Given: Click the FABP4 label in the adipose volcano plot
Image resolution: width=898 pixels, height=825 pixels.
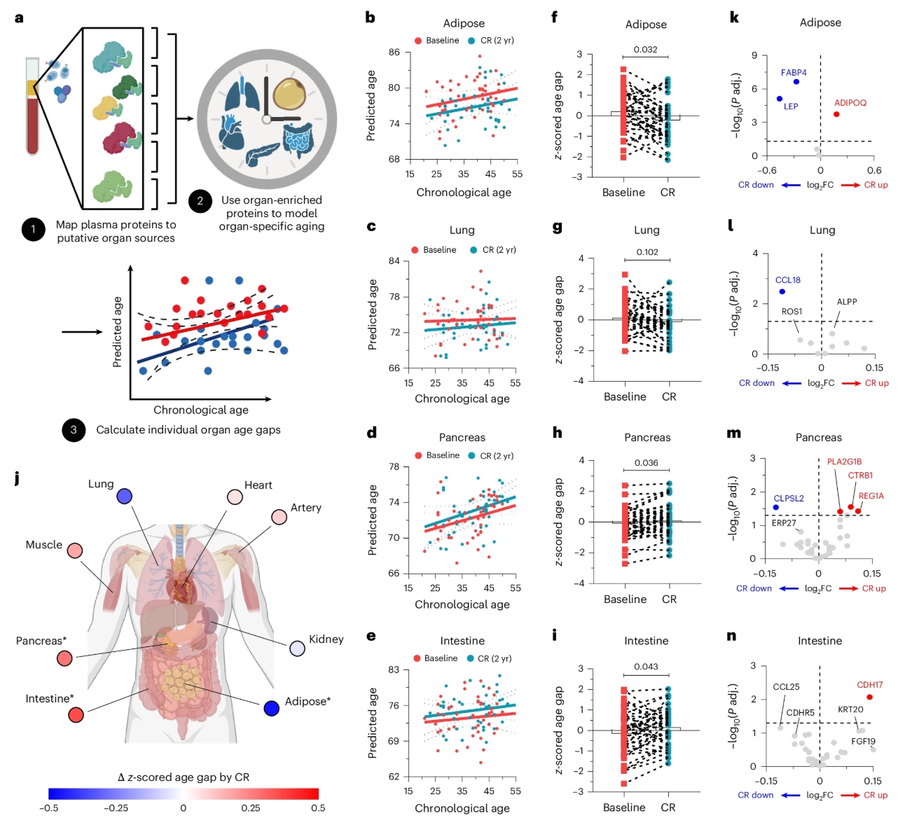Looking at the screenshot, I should click(794, 73).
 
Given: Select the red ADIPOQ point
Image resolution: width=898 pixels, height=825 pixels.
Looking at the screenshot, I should click(836, 114).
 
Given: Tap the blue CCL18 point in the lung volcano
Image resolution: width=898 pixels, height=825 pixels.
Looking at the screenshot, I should click(782, 291).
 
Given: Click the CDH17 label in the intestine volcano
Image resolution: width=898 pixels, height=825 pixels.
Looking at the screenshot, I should click(869, 685).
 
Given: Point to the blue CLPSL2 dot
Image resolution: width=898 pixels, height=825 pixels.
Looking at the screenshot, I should click(775, 507).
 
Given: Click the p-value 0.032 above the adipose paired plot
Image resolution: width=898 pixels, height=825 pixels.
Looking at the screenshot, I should click(645, 50).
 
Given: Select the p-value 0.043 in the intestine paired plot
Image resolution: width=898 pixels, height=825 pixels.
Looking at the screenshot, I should click(646, 667).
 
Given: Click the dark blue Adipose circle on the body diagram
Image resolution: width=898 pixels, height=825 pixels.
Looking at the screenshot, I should click(272, 708).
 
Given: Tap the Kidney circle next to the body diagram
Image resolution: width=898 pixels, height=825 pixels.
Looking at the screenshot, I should click(297, 649).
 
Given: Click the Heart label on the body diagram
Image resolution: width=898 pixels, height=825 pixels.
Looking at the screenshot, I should click(258, 485).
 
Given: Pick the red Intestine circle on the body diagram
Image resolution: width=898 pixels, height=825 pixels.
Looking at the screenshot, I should click(76, 715).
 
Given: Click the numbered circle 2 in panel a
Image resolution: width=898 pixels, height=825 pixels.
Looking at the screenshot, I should click(200, 201).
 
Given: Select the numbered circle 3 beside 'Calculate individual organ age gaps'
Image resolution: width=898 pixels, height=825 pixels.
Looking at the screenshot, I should click(74, 430).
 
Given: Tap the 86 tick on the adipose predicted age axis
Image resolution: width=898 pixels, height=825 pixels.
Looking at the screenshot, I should click(394, 53).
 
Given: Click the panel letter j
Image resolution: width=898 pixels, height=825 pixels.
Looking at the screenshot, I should click(18, 479).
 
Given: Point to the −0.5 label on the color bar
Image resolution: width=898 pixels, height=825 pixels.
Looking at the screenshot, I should click(48, 807).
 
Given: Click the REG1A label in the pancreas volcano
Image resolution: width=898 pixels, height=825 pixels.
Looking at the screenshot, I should click(871, 496).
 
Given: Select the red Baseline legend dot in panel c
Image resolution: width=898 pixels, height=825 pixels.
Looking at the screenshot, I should click(415, 250).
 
